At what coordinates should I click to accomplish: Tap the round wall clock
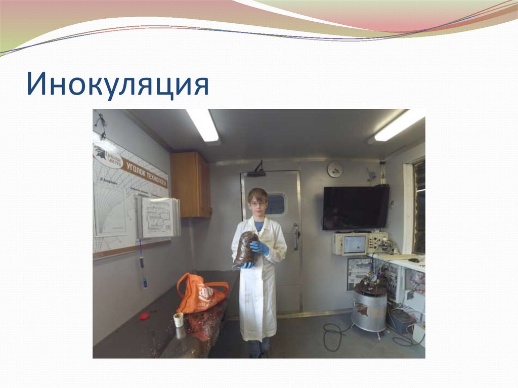click(x=334, y=169)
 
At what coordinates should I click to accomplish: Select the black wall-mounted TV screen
click(x=356, y=207)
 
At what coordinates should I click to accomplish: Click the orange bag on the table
click(x=200, y=293)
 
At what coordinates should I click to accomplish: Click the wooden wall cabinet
click(x=190, y=185)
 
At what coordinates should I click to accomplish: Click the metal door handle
click(x=296, y=236)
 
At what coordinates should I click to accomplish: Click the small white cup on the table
click(x=178, y=320)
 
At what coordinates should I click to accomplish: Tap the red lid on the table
click(x=144, y=316)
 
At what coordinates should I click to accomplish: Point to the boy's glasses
click(x=257, y=203)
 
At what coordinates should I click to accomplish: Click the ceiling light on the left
click(x=202, y=125)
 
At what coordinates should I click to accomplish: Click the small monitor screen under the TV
click(x=355, y=244)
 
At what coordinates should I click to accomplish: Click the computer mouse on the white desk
click(x=413, y=260)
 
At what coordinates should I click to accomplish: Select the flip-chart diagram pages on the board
click(x=158, y=217)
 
